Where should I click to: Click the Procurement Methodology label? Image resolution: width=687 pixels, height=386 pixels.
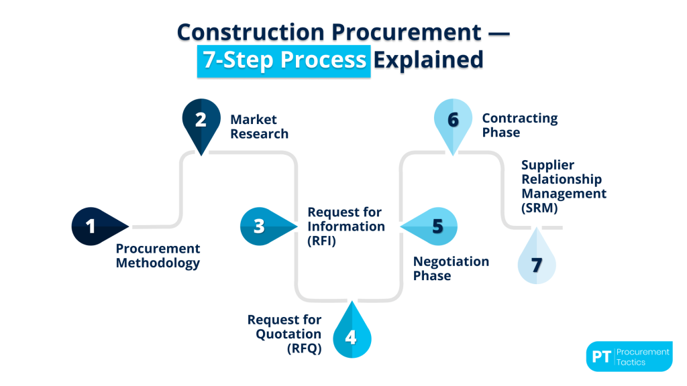[158, 256]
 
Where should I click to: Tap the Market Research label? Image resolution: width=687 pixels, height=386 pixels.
[259, 127]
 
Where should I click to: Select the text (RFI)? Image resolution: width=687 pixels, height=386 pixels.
[321, 241]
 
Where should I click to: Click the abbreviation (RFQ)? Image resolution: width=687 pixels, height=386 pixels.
[304, 348]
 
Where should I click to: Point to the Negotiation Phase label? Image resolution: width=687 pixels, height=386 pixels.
[451, 269]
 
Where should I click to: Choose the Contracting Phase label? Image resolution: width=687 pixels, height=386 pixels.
[519, 125]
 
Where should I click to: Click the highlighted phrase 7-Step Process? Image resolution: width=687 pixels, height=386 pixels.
[284, 60]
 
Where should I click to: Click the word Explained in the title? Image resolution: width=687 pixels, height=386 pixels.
[428, 60]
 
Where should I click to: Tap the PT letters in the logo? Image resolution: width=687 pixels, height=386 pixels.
[601, 357]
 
